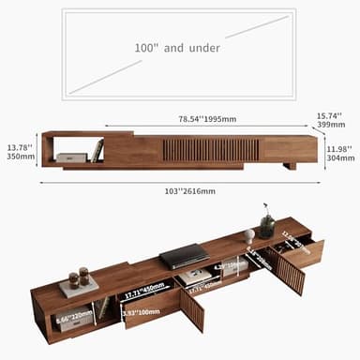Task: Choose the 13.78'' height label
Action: point(20,147)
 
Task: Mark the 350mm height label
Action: point(20,157)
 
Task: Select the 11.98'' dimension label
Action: point(338,148)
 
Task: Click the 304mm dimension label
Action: point(338,158)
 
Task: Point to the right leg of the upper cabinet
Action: point(290,164)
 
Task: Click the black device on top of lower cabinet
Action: point(185,253)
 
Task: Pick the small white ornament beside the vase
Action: point(249,235)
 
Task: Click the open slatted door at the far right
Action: point(291,274)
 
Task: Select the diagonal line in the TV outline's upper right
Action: point(256,27)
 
